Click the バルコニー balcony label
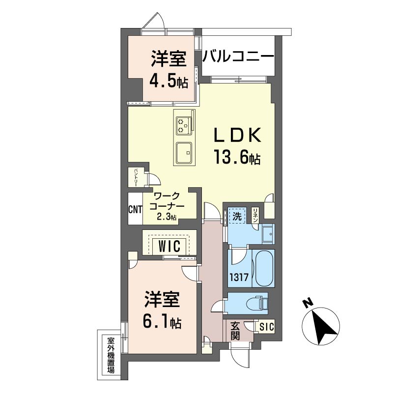[238, 57]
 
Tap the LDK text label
[237, 136]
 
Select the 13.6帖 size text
[237, 157]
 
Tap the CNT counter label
[135, 209]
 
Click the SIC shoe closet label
[267, 327]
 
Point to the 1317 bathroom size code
[239, 277]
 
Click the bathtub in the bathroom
[263, 268]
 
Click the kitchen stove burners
[184, 126]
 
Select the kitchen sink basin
[184, 153]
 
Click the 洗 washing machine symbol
[237, 216]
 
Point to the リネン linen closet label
[255, 216]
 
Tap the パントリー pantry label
[136, 178]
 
